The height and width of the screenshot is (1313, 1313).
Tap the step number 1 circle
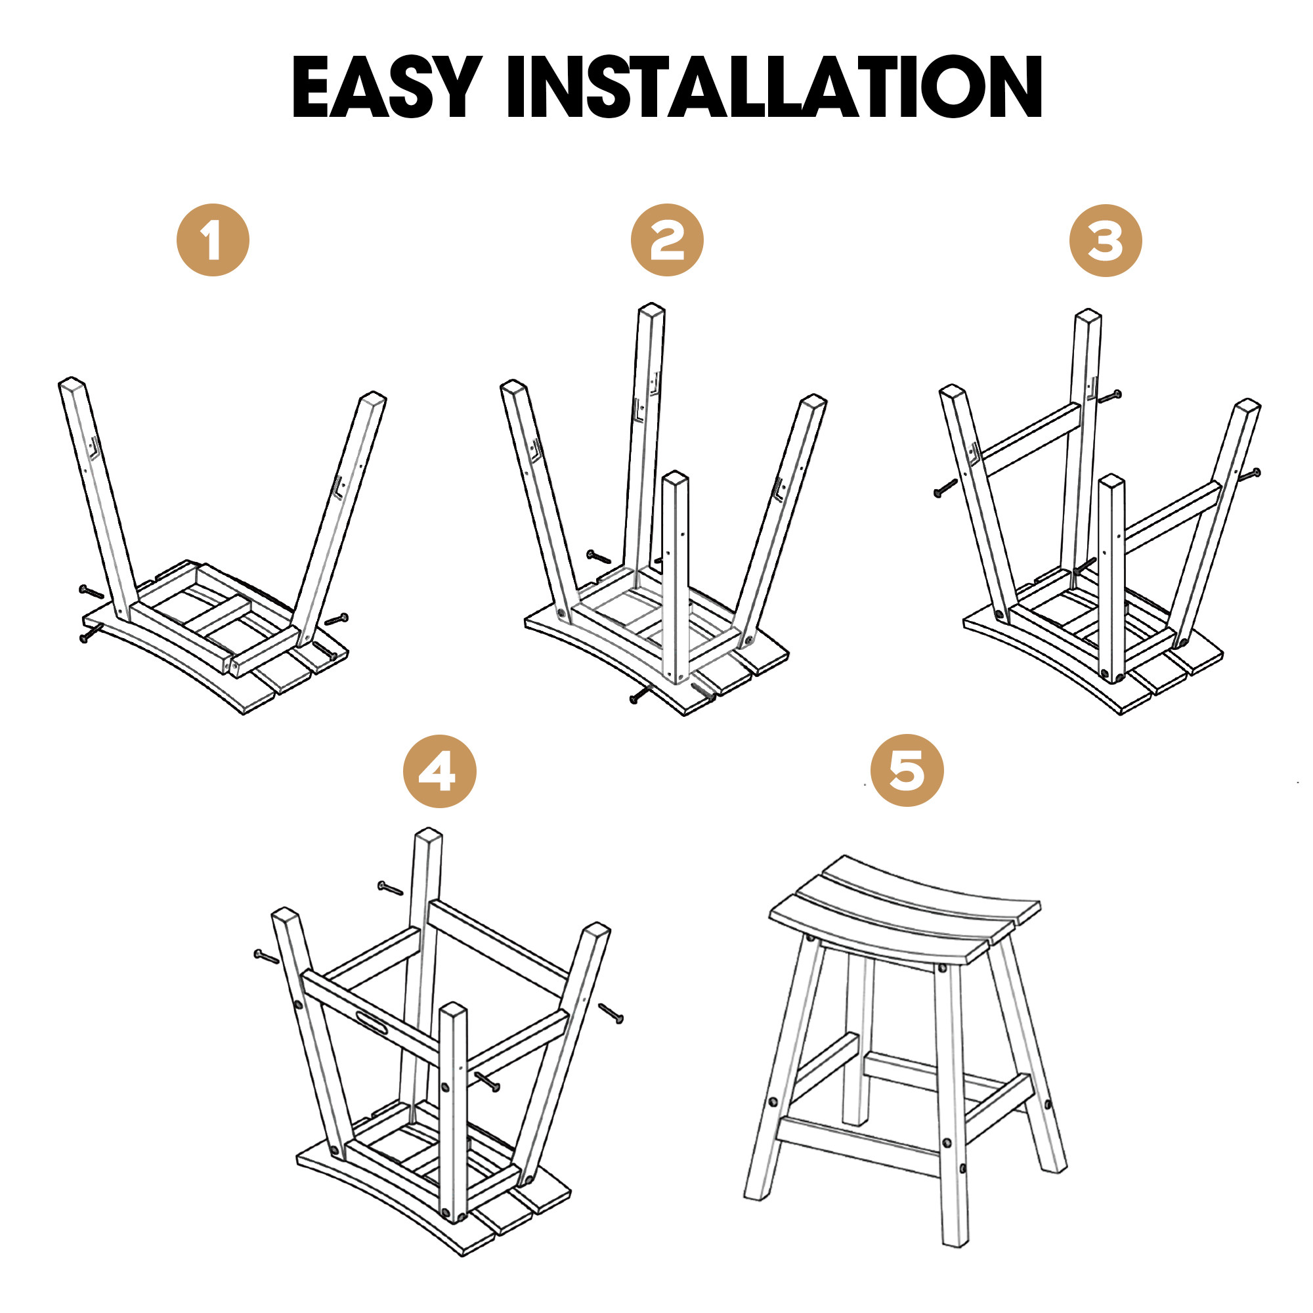(x=213, y=240)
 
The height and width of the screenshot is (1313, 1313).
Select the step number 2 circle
(x=667, y=240)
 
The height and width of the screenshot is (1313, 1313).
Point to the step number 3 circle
(x=1106, y=240)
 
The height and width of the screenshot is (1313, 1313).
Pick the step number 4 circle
(x=440, y=771)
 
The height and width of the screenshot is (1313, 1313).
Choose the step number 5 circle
(x=907, y=770)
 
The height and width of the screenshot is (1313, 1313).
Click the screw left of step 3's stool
(x=945, y=488)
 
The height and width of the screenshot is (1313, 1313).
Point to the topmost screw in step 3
(x=1109, y=395)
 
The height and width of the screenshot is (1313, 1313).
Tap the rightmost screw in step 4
(x=611, y=1012)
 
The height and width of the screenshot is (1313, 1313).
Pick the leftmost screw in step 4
(x=267, y=957)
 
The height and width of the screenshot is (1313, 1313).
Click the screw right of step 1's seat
(x=336, y=619)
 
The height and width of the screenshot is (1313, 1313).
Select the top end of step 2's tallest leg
(x=652, y=309)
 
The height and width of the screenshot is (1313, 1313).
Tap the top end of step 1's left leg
(x=72, y=383)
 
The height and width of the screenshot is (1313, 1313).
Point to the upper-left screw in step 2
(x=599, y=557)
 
